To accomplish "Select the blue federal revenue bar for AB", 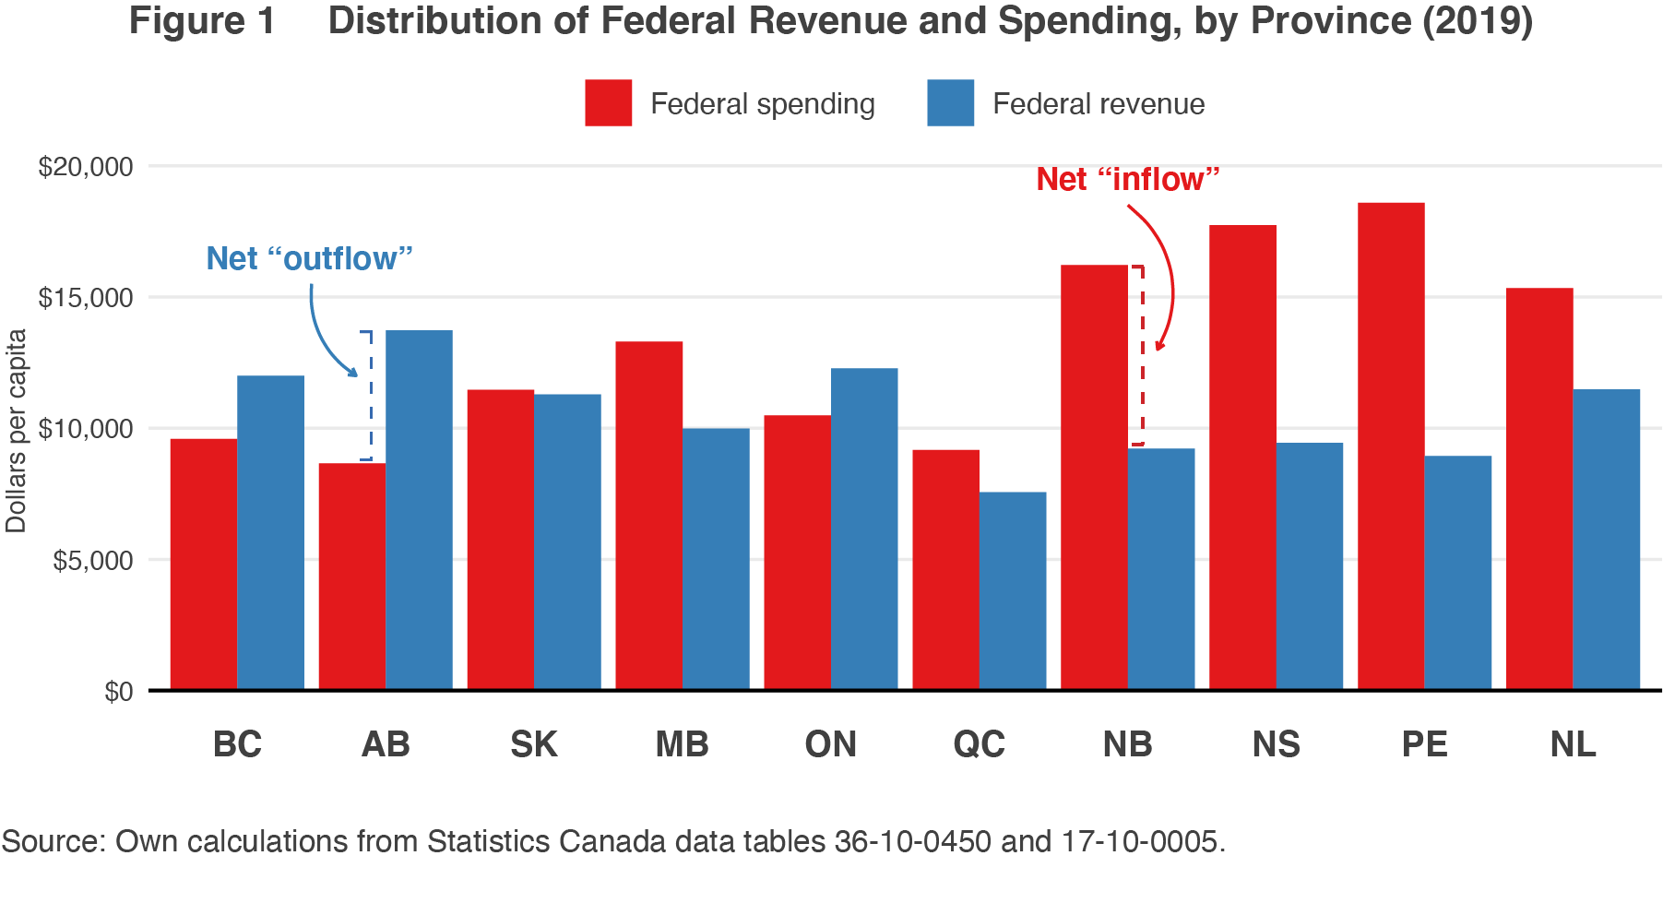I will pyautogui.click(x=419, y=509).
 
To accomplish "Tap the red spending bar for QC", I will pyautogui.click(x=945, y=569).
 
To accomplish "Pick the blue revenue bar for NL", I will pyautogui.click(x=1606, y=539).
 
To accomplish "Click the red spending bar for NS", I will pyautogui.click(x=1242, y=457).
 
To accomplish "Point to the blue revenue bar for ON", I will pyautogui.click(x=864, y=529).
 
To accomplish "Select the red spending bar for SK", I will pyautogui.click(x=500, y=539).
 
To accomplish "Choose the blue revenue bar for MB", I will pyautogui.click(x=716, y=558).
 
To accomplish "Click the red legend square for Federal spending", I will pyautogui.click(x=608, y=102).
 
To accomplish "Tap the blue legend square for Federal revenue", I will pyautogui.click(x=950, y=102).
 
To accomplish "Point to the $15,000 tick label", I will pyautogui.click(x=85, y=298).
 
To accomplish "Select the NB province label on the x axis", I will pyautogui.click(x=1127, y=744).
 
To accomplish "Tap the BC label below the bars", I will pyautogui.click(x=237, y=744).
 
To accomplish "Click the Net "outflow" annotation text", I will pyautogui.click(x=309, y=258).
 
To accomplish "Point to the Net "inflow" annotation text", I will pyautogui.click(x=1127, y=179).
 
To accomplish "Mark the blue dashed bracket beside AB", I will pyautogui.click(x=370, y=395).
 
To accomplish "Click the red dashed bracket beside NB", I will pyautogui.click(x=1142, y=355).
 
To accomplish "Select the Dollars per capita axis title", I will pyautogui.click(x=17, y=431).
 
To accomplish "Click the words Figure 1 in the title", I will pyautogui.click(x=202, y=20).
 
